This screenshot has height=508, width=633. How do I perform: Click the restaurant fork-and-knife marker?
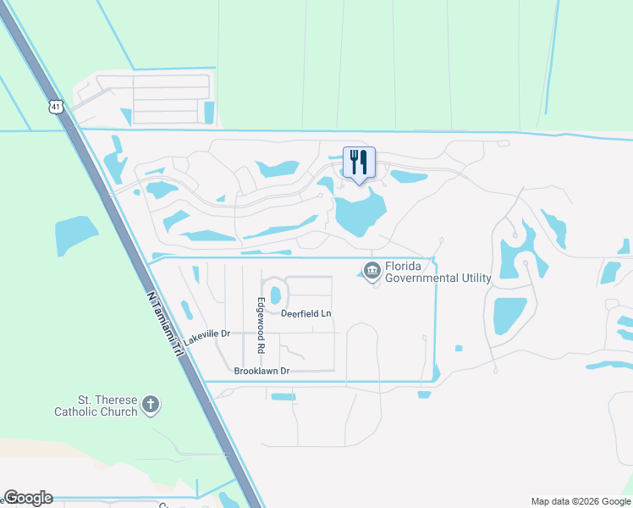pos(359,163)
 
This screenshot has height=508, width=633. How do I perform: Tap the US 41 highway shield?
pos(56,106)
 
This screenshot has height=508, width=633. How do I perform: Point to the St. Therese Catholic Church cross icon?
pos(151,405)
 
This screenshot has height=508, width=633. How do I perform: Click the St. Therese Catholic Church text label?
pos(95,406)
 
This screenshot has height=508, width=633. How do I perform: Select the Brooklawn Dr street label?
pos(262,371)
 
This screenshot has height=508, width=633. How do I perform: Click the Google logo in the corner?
pos(28,498)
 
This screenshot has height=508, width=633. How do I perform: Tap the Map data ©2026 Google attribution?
pos(581,500)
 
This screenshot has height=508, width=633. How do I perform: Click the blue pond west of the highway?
pos(77,235)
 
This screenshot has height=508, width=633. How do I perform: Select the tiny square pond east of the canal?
pos(459,348)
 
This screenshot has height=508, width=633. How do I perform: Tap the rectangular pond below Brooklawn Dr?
pos(283,396)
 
